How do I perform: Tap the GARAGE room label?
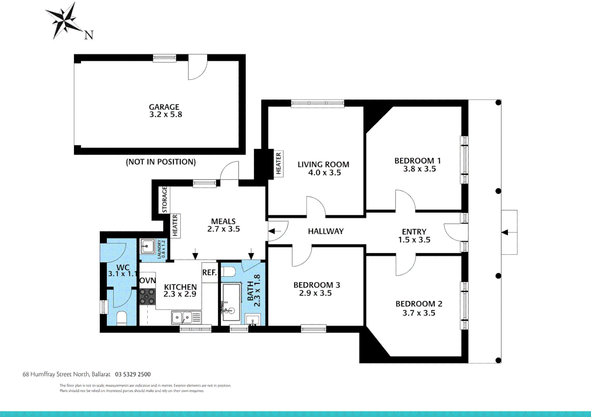[164, 107]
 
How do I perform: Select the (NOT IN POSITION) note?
[161, 162]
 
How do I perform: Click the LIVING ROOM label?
[323, 164]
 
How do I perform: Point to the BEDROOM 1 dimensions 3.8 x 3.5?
[419, 169]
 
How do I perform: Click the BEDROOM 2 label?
[418, 304]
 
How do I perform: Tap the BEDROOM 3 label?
[316, 285]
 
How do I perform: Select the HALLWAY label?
[326, 231]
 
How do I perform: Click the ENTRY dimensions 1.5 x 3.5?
[414, 240]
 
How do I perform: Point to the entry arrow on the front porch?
[505, 232]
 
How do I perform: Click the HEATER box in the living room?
[278, 163]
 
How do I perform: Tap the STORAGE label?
[164, 199]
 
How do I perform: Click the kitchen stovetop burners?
[147, 297]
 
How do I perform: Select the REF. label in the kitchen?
[210, 273]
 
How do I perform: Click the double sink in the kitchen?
[181, 318]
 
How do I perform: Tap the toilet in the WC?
[121, 318]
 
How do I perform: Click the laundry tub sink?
[147, 246]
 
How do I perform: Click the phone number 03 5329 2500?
[133, 374]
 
